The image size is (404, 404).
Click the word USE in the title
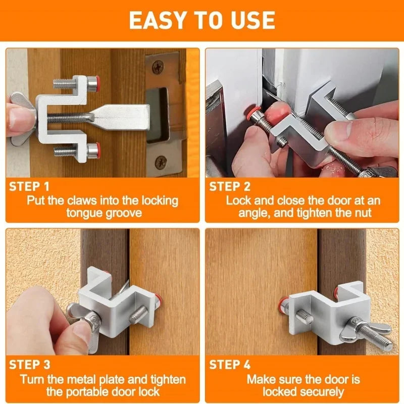(x=255, y=20)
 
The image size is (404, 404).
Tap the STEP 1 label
(x=29, y=186)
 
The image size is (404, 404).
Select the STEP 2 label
(x=230, y=186)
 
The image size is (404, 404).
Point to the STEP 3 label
(x=29, y=364)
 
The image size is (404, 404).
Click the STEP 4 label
(x=230, y=364)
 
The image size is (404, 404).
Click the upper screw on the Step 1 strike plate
(x=158, y=65)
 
